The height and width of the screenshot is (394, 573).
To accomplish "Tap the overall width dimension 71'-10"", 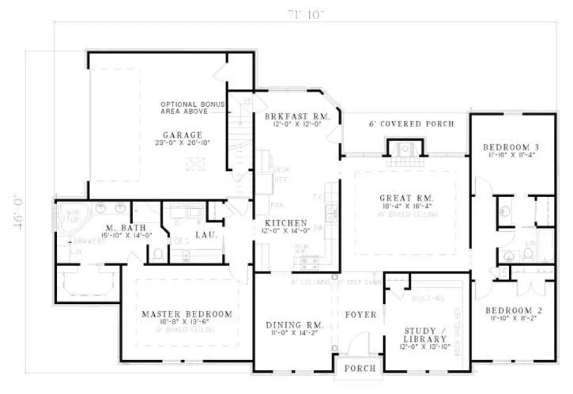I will point(306,14).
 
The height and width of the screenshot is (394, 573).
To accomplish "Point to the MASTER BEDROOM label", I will point(187,314).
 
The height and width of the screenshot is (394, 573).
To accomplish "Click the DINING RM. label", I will point(294,325).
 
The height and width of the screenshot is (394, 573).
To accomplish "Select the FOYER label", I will point(360,314).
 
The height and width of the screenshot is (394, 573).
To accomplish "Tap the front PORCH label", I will point(360,368).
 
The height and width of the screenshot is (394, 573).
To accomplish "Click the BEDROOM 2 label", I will point(512,310).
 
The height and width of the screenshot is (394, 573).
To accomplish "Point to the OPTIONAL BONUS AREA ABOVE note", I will point(193,107).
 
